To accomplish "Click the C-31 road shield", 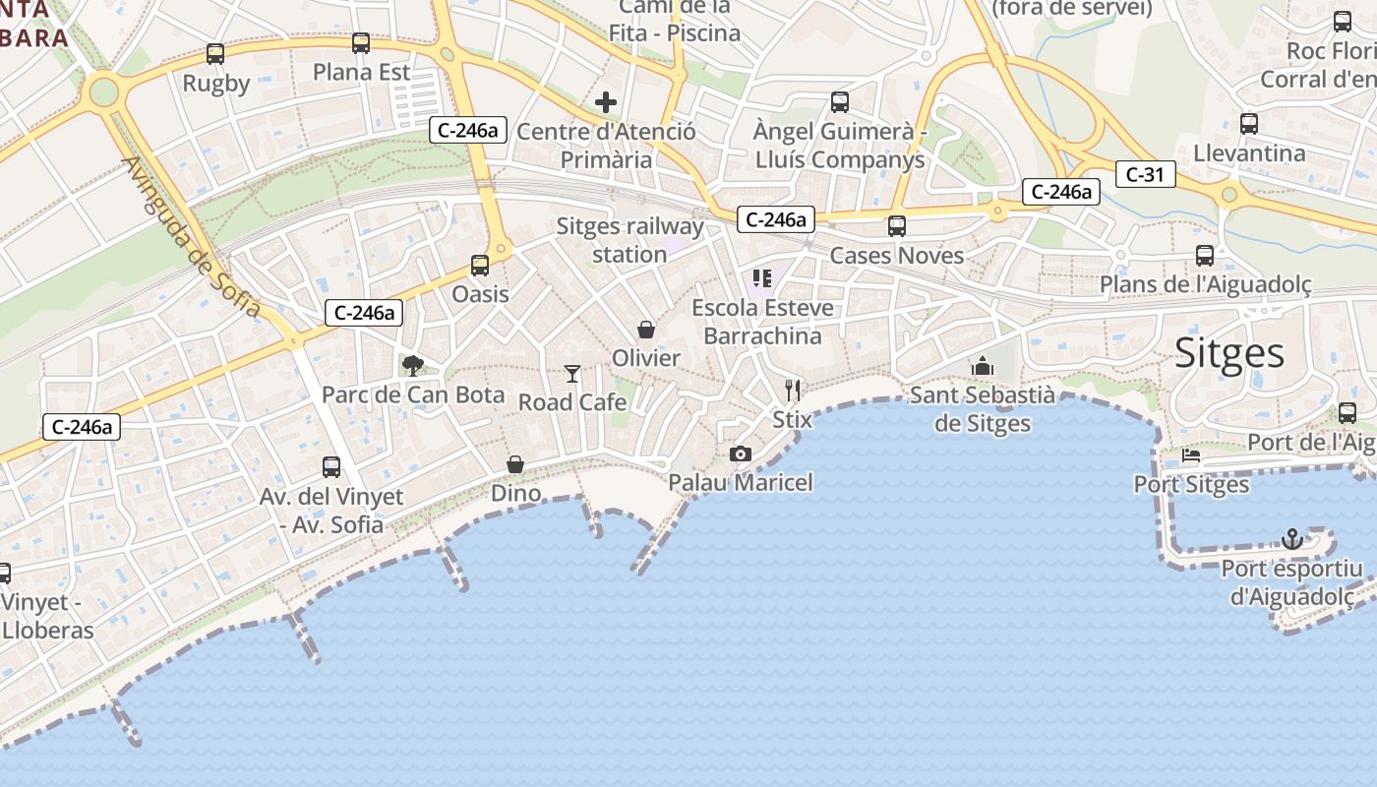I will click(x=1145, y=175).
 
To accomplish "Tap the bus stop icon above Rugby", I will click(x=215, y=54).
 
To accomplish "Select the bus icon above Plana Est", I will click(x=361, y=43).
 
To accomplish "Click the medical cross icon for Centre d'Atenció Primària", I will click(x=606, y=102).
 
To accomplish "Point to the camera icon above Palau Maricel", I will click(x=741, y=454).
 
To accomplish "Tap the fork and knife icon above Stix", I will click(x=793, y=391).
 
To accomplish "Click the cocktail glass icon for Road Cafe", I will click(x=572, y=373).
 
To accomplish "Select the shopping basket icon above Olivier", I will click(x=646, y=329).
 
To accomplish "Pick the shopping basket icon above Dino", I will click(x=515, y=463).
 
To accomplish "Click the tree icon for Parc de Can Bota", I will click(x=413, y=366).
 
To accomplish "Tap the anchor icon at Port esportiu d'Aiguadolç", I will click(x=1292, y=539).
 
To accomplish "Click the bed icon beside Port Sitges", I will click(x=1191, y=455).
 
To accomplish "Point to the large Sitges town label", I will click(x=1229, y=353).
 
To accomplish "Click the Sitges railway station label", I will click(x=629, y=240).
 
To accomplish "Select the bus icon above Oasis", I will click(x=480, y=265).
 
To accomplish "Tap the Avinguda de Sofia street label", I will click(x=193, y=237).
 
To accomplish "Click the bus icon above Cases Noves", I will click(x=897, y=226).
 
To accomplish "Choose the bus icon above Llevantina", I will click(x=1249, y=124).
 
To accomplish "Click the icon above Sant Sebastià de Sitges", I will click(x=982, y=367).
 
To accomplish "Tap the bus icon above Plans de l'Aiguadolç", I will click(x=1205, y=256).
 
